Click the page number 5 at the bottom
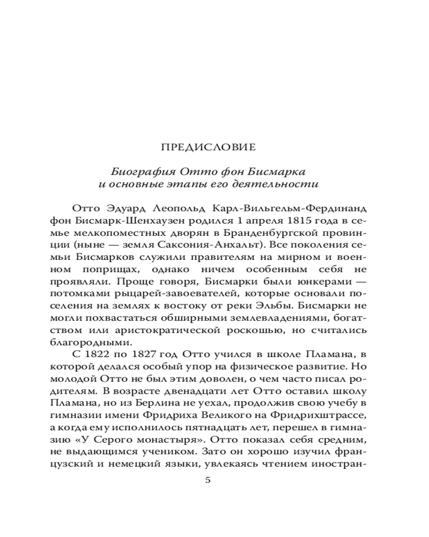(x=209, y=480)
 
